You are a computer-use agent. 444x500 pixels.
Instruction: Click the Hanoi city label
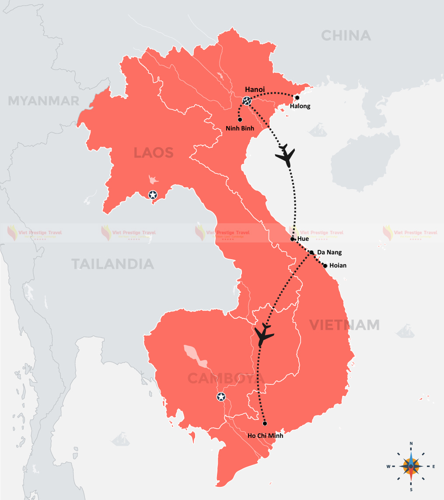255,90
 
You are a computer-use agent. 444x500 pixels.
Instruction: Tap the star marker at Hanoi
247,101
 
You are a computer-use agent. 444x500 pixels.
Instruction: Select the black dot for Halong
297,98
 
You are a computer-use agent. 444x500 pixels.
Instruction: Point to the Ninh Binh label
240,128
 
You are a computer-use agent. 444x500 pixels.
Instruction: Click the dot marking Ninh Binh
240,119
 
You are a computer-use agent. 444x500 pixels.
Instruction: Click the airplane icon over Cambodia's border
264,335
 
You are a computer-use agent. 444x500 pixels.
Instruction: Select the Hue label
303,239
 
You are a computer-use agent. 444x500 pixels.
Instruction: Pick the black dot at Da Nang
311,253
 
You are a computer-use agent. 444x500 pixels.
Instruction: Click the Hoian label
338,265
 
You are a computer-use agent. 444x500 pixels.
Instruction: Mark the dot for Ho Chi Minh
265,423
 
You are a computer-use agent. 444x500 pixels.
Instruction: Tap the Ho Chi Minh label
265,436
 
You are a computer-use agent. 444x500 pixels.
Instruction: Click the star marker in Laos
153,195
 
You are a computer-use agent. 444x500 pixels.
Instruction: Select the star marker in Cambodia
221,397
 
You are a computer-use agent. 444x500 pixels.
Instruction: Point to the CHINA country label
346,35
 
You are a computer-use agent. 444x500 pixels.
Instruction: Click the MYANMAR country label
44,101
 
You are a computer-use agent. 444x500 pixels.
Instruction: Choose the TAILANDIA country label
112,264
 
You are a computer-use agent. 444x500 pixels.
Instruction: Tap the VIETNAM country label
344,325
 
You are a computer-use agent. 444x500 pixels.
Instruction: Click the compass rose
411,466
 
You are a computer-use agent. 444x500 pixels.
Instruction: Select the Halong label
300,106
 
